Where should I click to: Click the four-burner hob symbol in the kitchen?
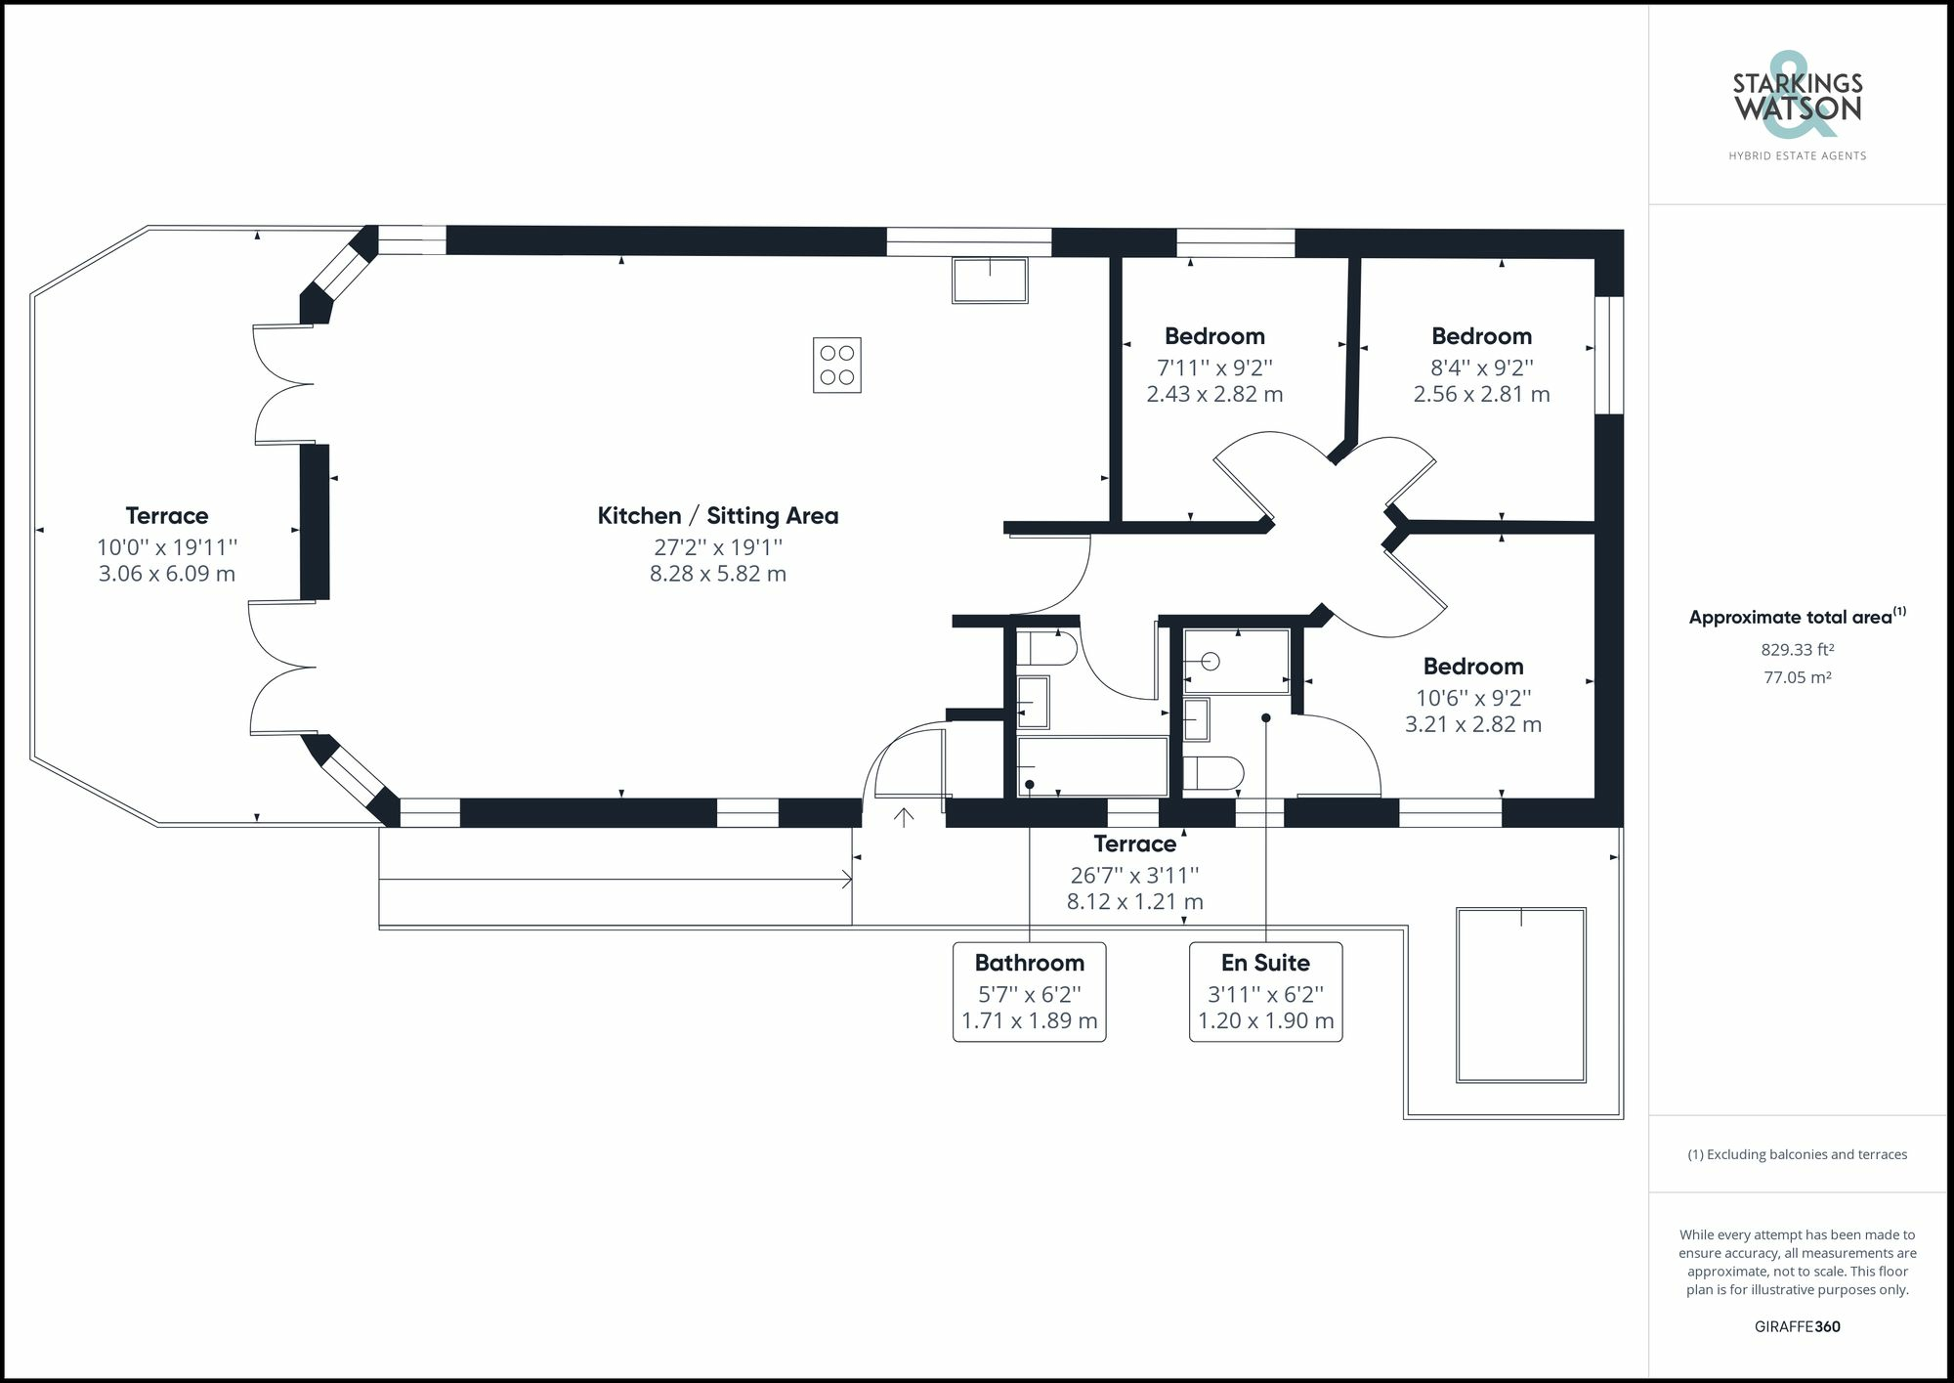837,365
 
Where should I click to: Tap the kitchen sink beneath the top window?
990,281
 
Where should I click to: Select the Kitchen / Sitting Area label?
718,515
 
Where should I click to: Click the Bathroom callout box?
1029,992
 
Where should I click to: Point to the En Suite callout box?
1265,992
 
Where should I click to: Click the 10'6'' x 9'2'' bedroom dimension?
1473,698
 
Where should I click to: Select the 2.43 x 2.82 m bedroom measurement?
1214,394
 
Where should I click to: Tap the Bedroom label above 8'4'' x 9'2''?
1481,336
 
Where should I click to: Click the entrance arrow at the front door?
905,816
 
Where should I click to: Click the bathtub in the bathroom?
1092,767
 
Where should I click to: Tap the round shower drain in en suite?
1211,662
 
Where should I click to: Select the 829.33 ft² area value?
1797,649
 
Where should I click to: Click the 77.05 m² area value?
1797,676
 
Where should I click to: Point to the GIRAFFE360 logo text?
1797,1326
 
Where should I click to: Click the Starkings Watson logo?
1798,98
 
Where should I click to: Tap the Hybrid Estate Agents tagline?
1797,155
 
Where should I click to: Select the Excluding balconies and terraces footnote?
1797,1154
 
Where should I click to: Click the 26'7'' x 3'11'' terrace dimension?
1134,875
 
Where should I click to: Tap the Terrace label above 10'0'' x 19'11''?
167,515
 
